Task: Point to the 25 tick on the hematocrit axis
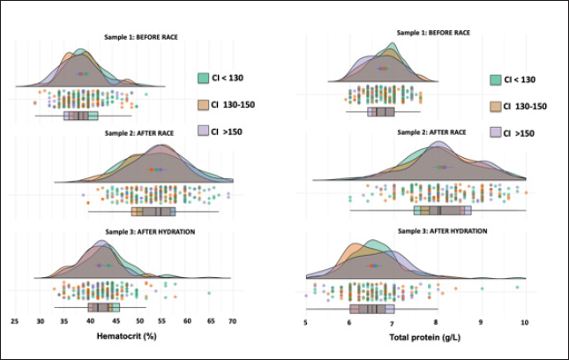[x=15, y=323]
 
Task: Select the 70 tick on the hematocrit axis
[x=233, y=323]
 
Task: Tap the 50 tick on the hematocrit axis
[x=140, y=323]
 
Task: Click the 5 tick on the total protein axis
[x=305, y=323]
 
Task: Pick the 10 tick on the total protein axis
[x=525, y=323]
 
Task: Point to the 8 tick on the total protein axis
[x=438, y=323]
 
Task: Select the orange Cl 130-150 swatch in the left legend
[x=202, y=104]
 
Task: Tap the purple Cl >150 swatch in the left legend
[x=202, y=131]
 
